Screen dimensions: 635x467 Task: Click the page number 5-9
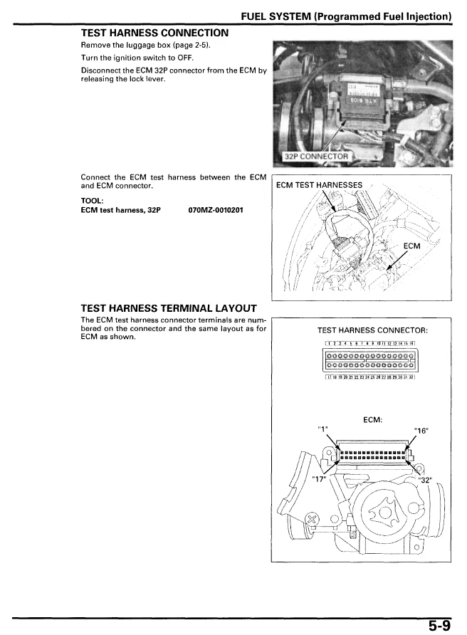(x=439, y=625)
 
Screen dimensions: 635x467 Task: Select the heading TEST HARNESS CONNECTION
(x=155, y=33)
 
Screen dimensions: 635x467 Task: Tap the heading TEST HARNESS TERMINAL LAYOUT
(x=169, y=308)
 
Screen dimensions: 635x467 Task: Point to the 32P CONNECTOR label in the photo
(x=316, y=157)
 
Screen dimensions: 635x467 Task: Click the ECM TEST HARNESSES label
(x=319, y=186)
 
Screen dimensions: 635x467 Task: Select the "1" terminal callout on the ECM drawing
(x=325, y=429)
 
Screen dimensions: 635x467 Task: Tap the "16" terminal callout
(x=421, y=429)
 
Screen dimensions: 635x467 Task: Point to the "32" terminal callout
(x=426, y=478)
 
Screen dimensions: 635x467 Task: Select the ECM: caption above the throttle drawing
(x=373, y=419)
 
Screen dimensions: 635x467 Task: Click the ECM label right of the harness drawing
(x=411, y=246)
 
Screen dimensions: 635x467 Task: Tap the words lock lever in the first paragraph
(x=147, y=79)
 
